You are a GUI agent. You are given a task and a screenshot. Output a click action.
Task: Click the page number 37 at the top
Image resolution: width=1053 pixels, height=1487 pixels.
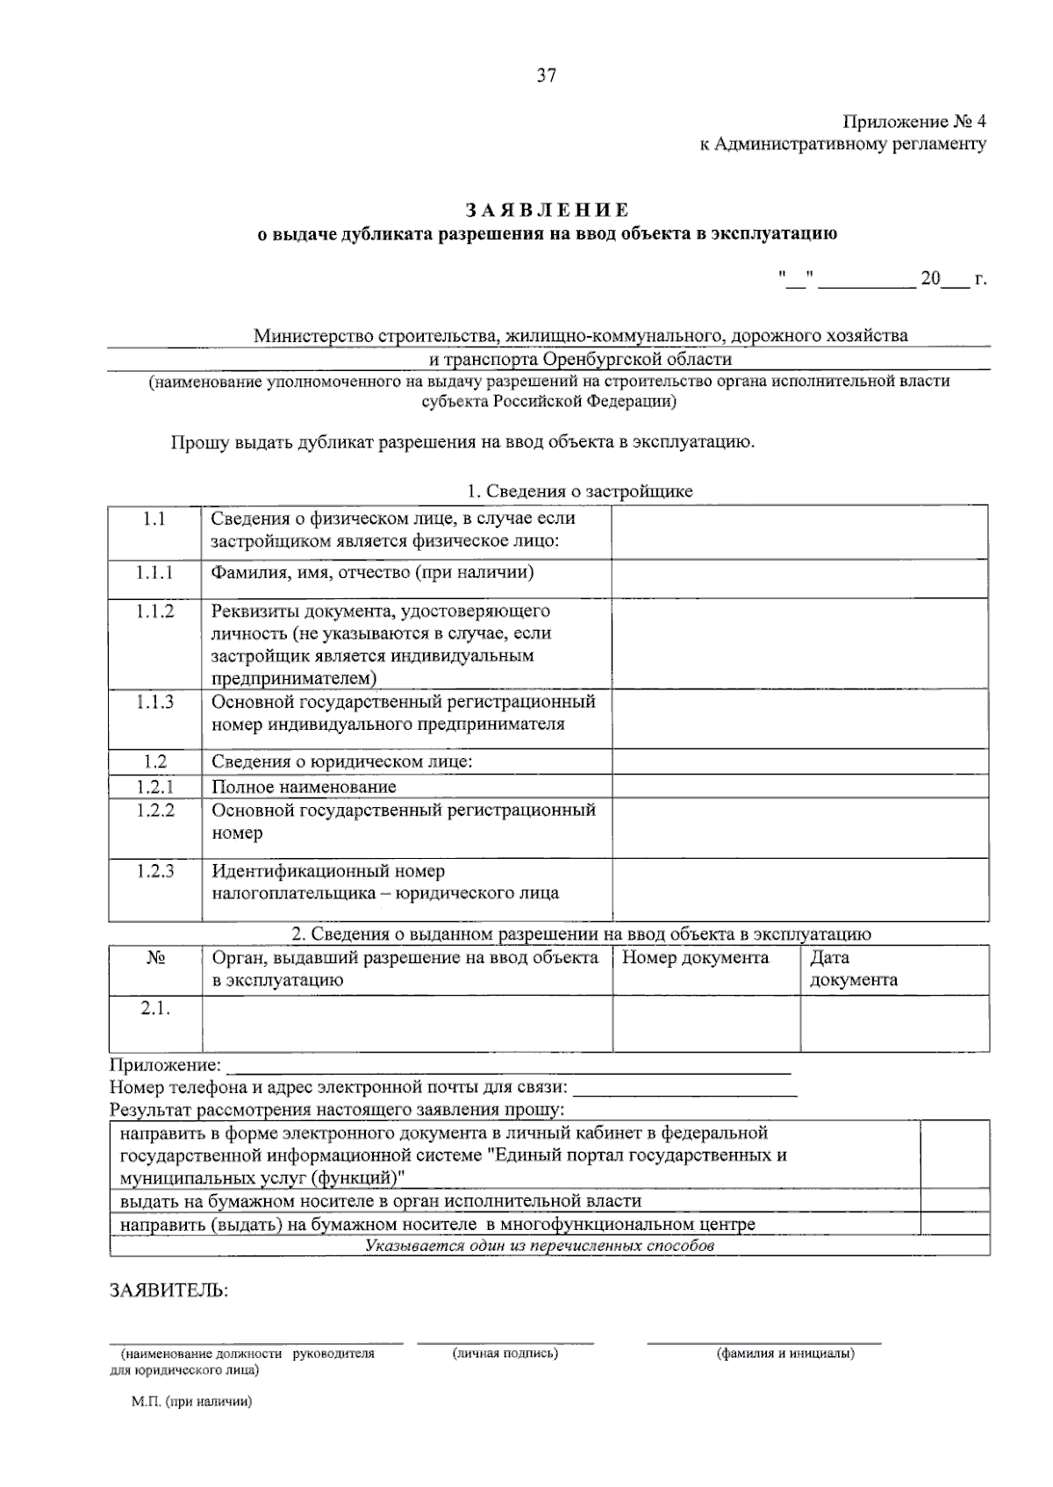coord(546,76)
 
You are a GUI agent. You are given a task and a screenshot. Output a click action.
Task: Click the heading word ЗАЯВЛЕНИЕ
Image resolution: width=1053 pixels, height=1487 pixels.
coord(547,211)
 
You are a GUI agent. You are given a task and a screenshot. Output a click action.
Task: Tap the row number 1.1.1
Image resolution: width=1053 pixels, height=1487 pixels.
coord(154,573)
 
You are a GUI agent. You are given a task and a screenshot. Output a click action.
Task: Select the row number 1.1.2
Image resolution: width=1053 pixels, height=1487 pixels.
coord(154,611)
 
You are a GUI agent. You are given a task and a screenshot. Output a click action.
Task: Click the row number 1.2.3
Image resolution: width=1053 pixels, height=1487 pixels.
coord(154,871)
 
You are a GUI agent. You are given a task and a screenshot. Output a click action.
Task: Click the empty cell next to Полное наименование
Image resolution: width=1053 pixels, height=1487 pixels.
coord(800,787)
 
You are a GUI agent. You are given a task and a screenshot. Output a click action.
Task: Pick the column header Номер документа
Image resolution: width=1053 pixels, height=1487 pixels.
coord(695,958)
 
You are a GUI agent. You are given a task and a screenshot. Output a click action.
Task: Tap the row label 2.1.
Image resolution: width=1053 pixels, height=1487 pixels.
coord(154,1009)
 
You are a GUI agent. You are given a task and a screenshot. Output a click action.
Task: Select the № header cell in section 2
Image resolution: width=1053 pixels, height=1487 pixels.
coord(155,958)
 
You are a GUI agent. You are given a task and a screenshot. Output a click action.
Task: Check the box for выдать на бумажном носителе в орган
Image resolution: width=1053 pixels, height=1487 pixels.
coord(955,1201)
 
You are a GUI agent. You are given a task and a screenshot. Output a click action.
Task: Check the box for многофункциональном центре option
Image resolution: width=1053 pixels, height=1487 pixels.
coord(955,1224)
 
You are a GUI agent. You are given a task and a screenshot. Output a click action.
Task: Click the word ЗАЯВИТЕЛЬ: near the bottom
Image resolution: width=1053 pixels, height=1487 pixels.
coord(168,1290)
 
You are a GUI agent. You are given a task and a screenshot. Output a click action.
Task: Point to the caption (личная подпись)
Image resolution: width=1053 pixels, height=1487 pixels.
coord(505,1354)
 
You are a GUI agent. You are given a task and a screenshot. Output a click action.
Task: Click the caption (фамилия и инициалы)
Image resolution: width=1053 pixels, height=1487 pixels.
coord(785,1354)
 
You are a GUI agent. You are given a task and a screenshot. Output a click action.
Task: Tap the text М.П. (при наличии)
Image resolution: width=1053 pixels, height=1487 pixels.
coord(192,1402)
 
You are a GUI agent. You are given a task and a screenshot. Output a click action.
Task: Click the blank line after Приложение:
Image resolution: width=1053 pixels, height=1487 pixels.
coord(509,1067)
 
